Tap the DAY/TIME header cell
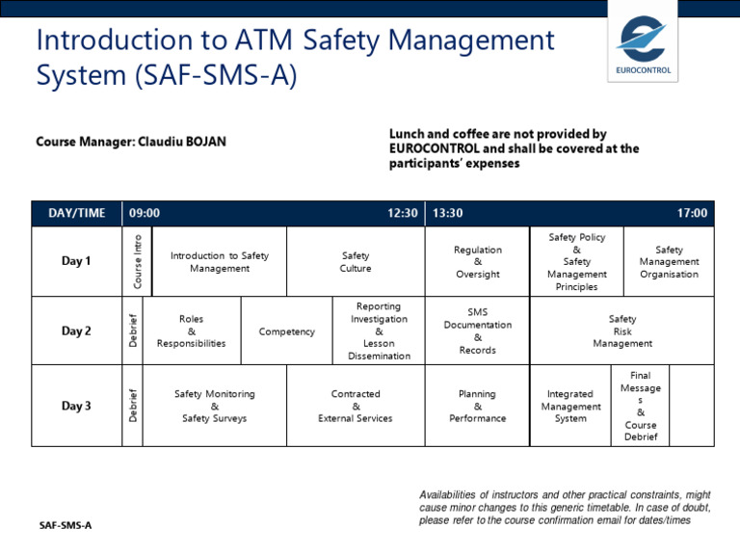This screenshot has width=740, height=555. (77, 213)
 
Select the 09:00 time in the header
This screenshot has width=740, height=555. (145, 213)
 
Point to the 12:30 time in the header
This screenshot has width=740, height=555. (403, 213)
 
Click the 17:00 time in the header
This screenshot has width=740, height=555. (692, 213)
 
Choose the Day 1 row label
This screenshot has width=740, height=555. (77, 261)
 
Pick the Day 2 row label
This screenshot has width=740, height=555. (77, 330)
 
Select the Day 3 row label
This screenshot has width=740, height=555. (77, 406)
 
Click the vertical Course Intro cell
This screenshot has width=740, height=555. (138, 261)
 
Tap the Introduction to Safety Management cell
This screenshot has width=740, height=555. (220, 262)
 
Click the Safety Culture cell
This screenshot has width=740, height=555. (356, 262)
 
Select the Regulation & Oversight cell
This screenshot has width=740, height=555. (478, 262)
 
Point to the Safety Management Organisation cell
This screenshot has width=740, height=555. (669, 262)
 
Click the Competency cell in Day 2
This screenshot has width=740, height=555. (286, 331)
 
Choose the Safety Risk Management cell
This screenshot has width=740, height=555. (622, 330)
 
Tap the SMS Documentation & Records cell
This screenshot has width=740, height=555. (478, 330)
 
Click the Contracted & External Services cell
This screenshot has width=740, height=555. (356, 406)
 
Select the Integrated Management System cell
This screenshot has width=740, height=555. (570, 406)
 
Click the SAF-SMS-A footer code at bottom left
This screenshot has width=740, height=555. (66, 526)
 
